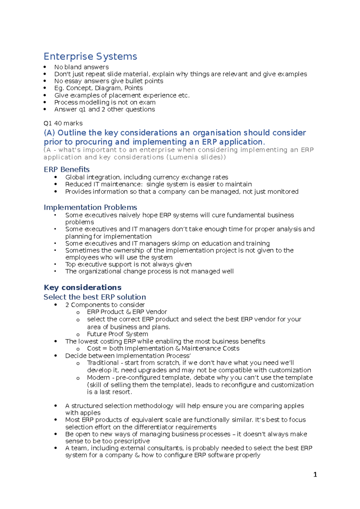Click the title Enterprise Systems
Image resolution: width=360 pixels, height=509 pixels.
tap(90, 56)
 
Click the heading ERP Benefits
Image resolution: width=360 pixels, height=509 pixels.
tap(67, 169)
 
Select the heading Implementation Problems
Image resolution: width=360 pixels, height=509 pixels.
tap(90, 207)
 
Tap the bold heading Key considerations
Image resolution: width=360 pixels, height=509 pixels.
tap(82, 287)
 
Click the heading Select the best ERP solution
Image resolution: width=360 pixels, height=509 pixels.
tap(95, 297)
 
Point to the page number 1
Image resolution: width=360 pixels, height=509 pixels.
tap(315, 475)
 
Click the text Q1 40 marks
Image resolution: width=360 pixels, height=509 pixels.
tap(63, 123)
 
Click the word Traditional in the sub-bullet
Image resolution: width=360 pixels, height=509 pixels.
tap(103, 363)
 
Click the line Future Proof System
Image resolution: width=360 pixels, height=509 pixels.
tap(117, 334)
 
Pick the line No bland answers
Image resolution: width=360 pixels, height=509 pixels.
tap(81, 67)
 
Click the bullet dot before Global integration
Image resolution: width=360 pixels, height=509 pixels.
tap(56, 177)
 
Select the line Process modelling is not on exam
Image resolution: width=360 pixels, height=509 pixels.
tap(105, 102)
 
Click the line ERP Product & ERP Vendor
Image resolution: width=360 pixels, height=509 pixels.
tap(127, 312)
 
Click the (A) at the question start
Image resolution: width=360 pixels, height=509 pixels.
tap(49, 133)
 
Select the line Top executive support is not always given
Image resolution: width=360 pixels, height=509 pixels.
tap(128, 264)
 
